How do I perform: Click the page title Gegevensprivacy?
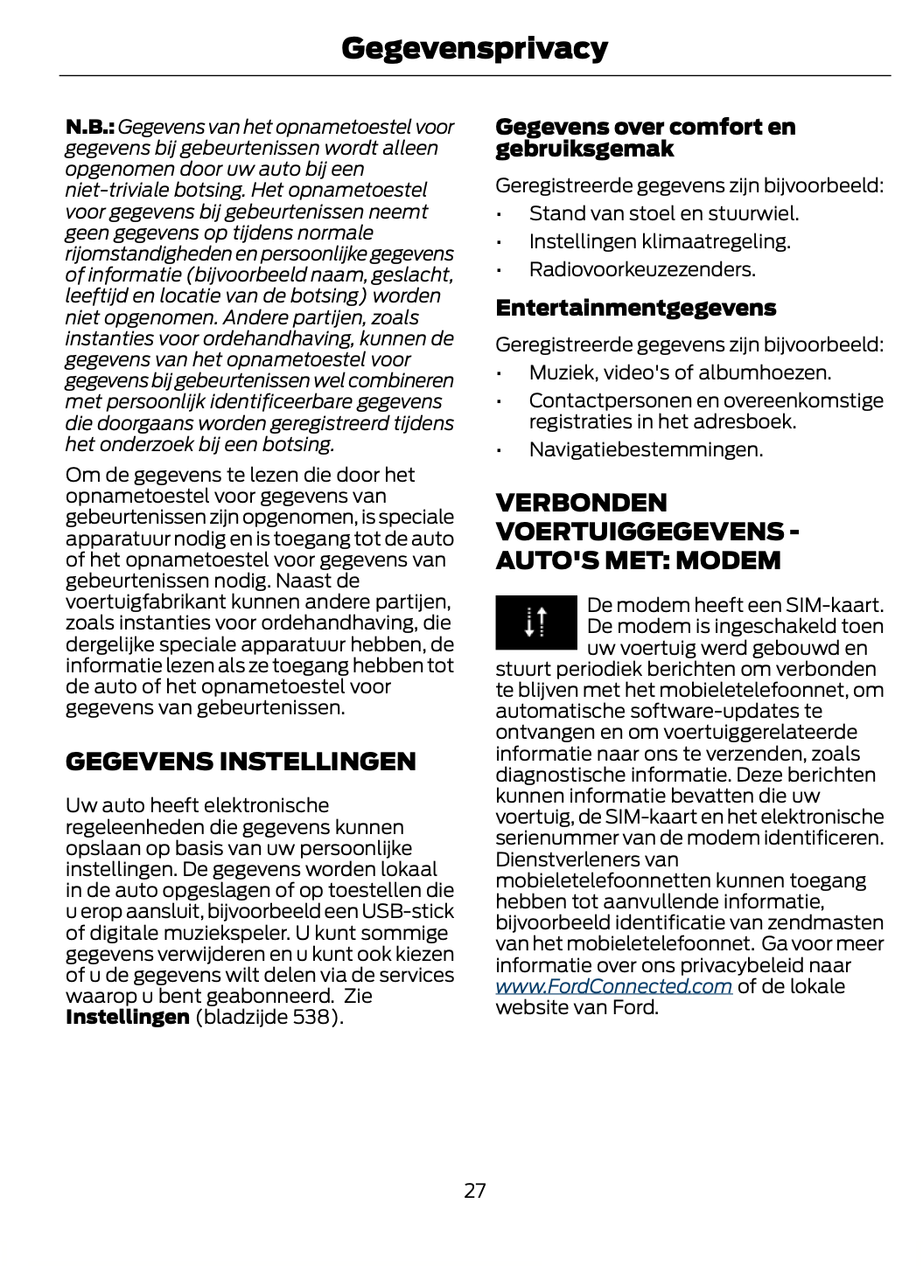click(474, 48)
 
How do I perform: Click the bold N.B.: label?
click(90, 128)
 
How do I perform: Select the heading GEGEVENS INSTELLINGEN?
click(241, 762)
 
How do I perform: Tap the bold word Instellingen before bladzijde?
click(127, 1017)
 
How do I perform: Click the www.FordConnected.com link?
click(613, 986)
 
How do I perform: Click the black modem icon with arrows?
click(535, 623)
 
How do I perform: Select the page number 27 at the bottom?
click(474, 1190)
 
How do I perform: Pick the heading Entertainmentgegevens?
click(635, 308)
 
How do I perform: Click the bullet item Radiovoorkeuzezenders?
click(642, 269)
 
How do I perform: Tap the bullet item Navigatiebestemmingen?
click(646, 449)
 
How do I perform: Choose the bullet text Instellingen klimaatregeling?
click(660, 241)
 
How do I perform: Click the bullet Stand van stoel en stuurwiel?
click(663, 213)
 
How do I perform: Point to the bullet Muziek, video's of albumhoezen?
click(680, 372)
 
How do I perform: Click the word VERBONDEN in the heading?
click(581, 503)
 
